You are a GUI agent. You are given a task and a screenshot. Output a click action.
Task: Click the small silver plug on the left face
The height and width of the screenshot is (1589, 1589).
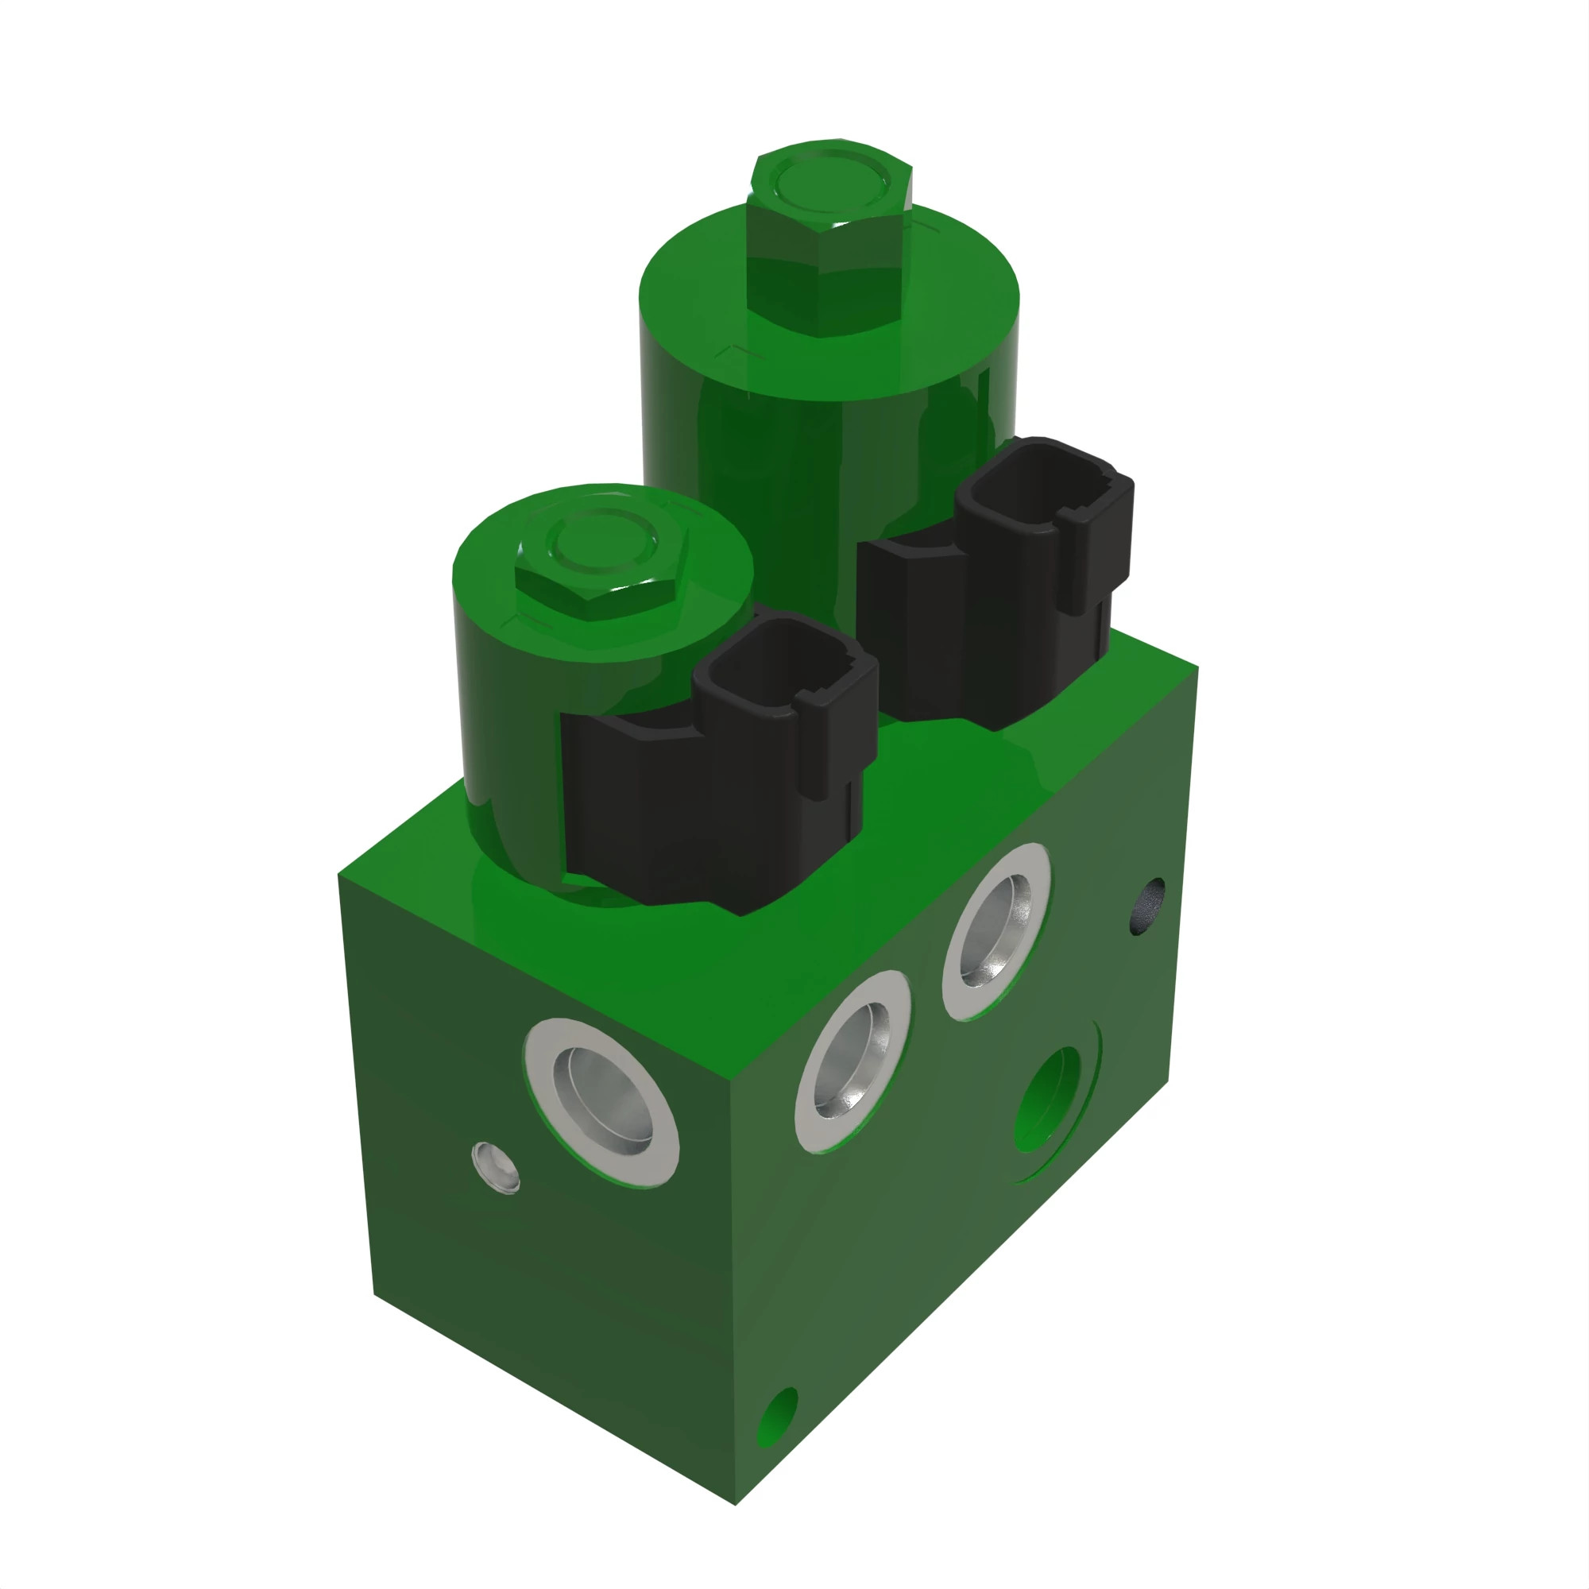click(495, 1167)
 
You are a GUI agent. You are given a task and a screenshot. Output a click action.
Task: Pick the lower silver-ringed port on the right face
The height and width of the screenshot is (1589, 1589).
click(852, 1061)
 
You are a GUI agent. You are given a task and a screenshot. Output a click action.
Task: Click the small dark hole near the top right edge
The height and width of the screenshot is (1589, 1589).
click(1149, 905)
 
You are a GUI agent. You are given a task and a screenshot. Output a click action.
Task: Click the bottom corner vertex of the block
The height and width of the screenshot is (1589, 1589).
click(735, 1504)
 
